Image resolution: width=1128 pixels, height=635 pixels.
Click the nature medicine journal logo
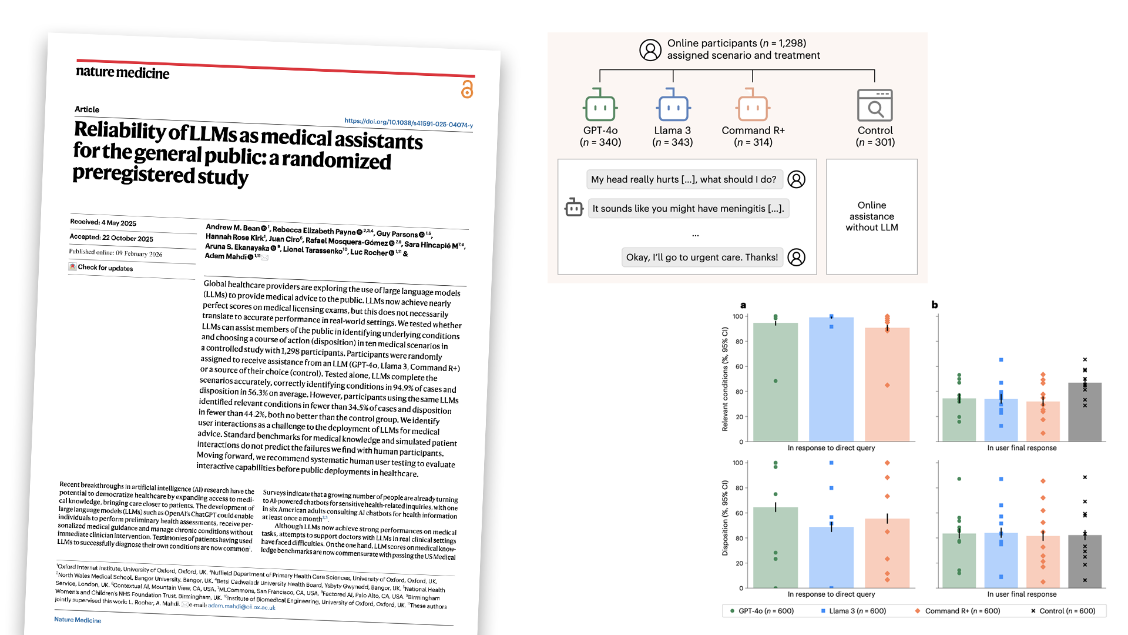[122, 72]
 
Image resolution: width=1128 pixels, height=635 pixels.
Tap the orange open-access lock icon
[467, 89]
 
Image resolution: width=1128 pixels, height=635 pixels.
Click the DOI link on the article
[408, 123]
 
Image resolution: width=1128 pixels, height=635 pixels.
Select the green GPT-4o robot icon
[600, 105]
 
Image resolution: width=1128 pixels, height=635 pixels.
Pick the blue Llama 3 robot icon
[673, 105]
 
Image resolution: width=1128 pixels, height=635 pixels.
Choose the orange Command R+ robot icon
[753, 105]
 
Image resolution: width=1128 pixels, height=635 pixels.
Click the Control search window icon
[875, 105]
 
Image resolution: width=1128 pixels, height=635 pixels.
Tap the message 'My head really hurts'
[684, 179]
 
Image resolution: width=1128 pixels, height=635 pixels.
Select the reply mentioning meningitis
[688, 209]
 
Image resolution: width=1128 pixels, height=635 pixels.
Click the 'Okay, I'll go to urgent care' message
[702, 257]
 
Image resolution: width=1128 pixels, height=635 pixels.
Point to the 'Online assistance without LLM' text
[872, 216]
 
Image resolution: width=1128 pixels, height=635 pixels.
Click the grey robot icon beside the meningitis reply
[573, 208]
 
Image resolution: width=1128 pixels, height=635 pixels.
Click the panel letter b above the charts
[935, 305]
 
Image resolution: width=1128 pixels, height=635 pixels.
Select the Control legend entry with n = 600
[1063, 611]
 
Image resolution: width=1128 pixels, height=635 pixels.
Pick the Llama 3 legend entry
[854, 611]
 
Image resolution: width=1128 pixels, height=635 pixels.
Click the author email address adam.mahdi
[241, 606]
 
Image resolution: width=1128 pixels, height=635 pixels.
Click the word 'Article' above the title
[87, 109]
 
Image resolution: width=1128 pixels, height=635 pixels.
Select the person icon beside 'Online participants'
[650, 50]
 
